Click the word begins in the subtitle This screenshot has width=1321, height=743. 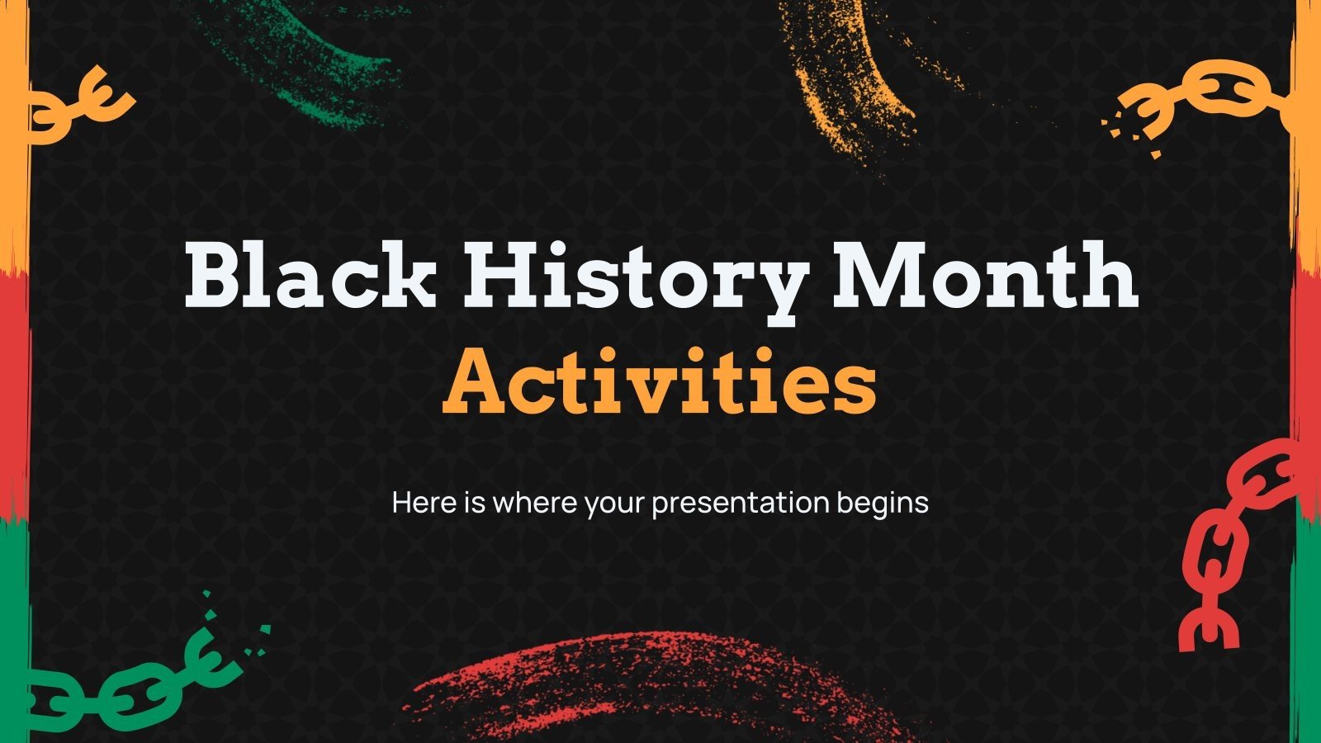[x=883, y=503]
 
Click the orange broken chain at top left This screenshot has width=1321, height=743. [x=78, y=103]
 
